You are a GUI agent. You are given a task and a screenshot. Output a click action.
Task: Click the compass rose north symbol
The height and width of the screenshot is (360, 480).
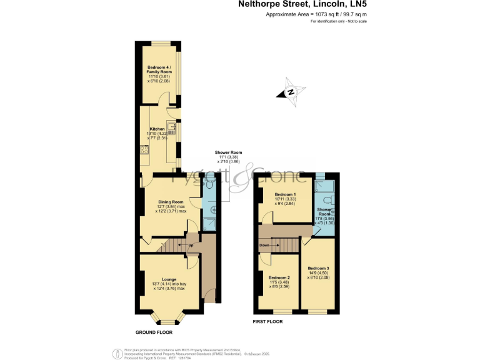[291, 92]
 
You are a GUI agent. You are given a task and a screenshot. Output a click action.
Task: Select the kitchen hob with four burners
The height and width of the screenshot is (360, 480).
[144, 149]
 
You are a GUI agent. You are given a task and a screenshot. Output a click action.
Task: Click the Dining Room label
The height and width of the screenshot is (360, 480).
[170, 202]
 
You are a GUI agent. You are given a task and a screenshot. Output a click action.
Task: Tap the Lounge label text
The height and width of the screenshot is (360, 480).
[169, 279]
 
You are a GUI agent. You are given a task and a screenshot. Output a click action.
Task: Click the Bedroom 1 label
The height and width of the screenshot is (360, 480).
[286, 194]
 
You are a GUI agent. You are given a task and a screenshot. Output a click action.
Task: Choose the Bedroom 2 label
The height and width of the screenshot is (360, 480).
[279, 277]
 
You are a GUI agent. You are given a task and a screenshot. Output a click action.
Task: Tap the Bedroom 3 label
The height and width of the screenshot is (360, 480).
[318, 268]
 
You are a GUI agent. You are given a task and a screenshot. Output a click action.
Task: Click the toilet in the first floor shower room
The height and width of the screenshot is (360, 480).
[331, 201]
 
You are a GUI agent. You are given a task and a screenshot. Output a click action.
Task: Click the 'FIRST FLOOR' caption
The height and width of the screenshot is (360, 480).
[267, 322]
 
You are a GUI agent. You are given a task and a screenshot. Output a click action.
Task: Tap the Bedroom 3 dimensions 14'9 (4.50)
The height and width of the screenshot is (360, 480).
[318, 272]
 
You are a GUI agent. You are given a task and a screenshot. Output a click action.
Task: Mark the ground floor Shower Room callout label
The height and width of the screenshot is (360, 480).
[228, 152]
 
